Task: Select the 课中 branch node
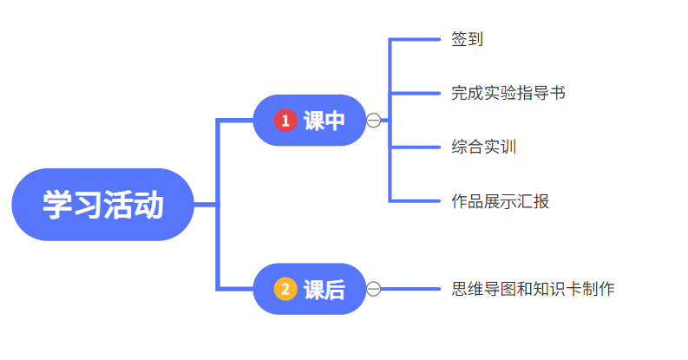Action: pos(310,121)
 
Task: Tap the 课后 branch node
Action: pos(310,289)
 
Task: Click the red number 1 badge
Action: pos(285,121)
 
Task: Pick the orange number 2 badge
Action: pos(285,289)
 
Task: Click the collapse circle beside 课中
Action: pos(374,121)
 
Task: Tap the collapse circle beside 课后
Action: pos(374,289)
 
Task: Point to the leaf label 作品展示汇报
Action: pos(500,201)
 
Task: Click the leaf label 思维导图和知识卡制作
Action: pos(533,289)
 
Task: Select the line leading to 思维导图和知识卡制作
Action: pos(412,289)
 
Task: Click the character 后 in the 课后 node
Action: pos(334,290)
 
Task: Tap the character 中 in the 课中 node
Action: pos(334,121)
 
